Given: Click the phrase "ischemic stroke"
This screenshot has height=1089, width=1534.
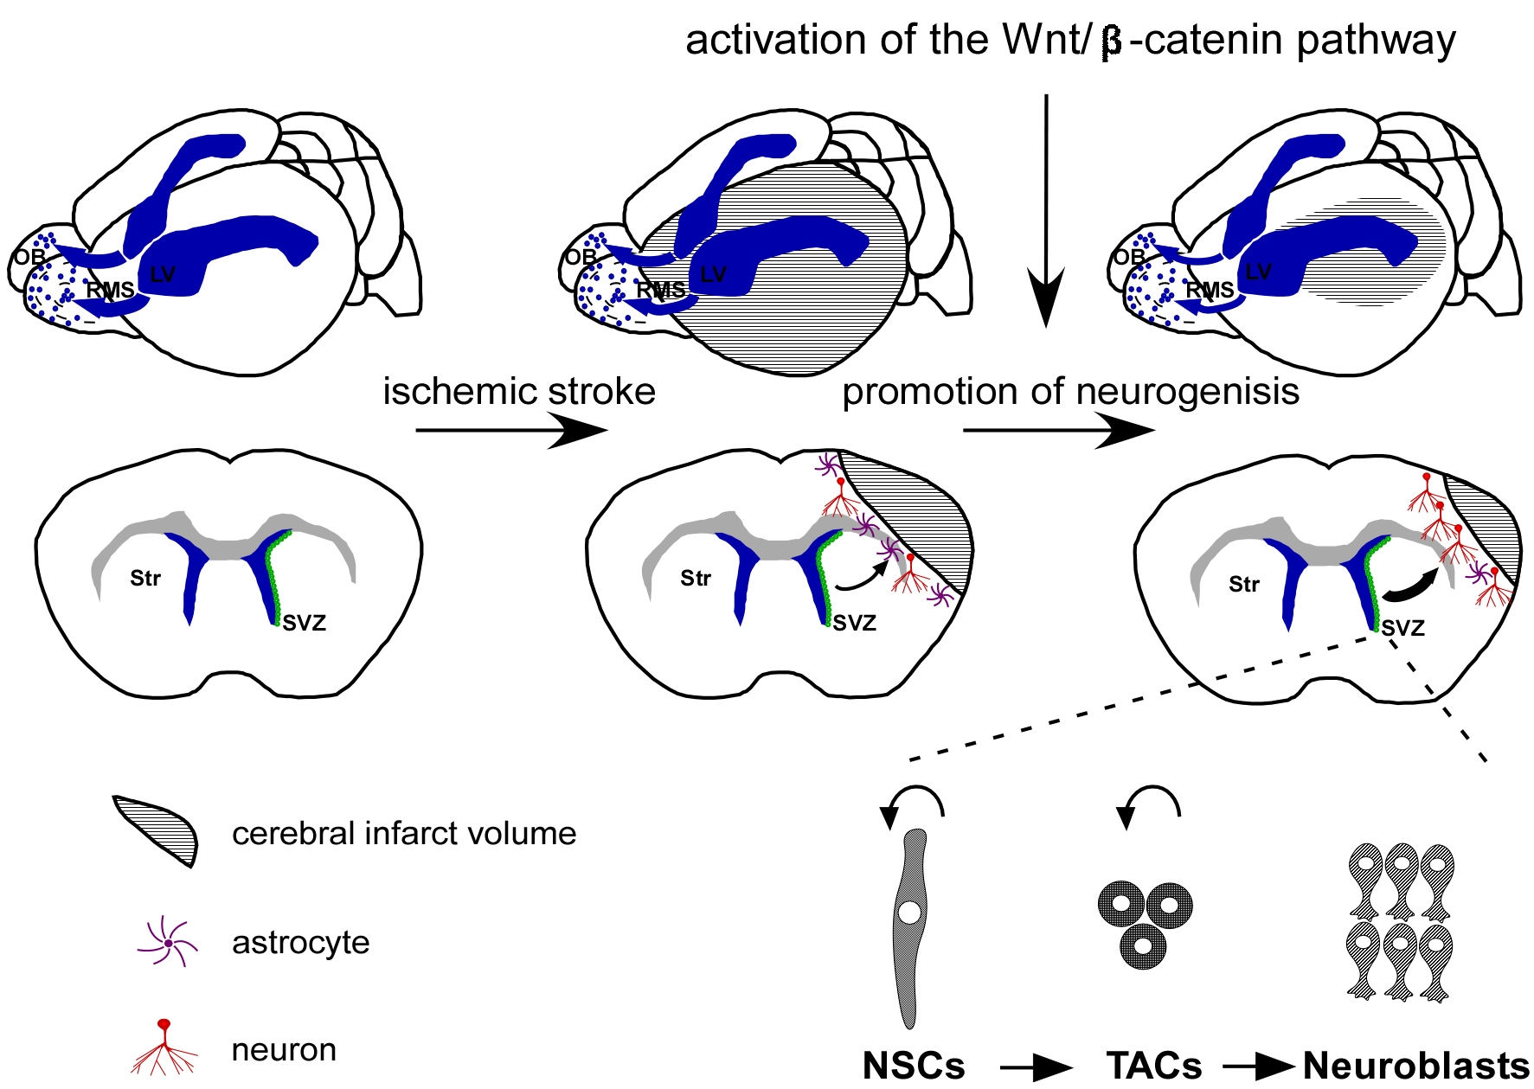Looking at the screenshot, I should tap(519, 392).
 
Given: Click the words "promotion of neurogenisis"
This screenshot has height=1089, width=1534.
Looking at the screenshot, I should tap(1070, 392).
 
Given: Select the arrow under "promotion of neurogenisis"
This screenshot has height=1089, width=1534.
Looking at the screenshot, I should tap(1058, 430).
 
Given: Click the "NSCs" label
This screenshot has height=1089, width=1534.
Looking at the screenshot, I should tap(914, 1066).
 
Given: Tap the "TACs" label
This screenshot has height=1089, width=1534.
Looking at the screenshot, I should tap(1153, 1066).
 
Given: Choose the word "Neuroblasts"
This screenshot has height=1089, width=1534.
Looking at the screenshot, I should tap(1415, 1066).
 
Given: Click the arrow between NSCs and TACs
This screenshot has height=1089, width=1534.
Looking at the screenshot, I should tap(1036, 1068).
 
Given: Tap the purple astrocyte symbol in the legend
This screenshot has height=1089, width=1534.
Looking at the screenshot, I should tap(168, 943).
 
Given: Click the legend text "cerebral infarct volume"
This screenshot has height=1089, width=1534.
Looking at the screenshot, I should tap(404, 834).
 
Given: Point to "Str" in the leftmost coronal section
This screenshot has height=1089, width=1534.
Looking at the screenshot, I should tap(145, 579).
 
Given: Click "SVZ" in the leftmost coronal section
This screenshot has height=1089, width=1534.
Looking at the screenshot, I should tap(305, 623).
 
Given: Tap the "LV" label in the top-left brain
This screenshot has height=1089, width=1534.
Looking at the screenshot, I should tap(163, 275).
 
